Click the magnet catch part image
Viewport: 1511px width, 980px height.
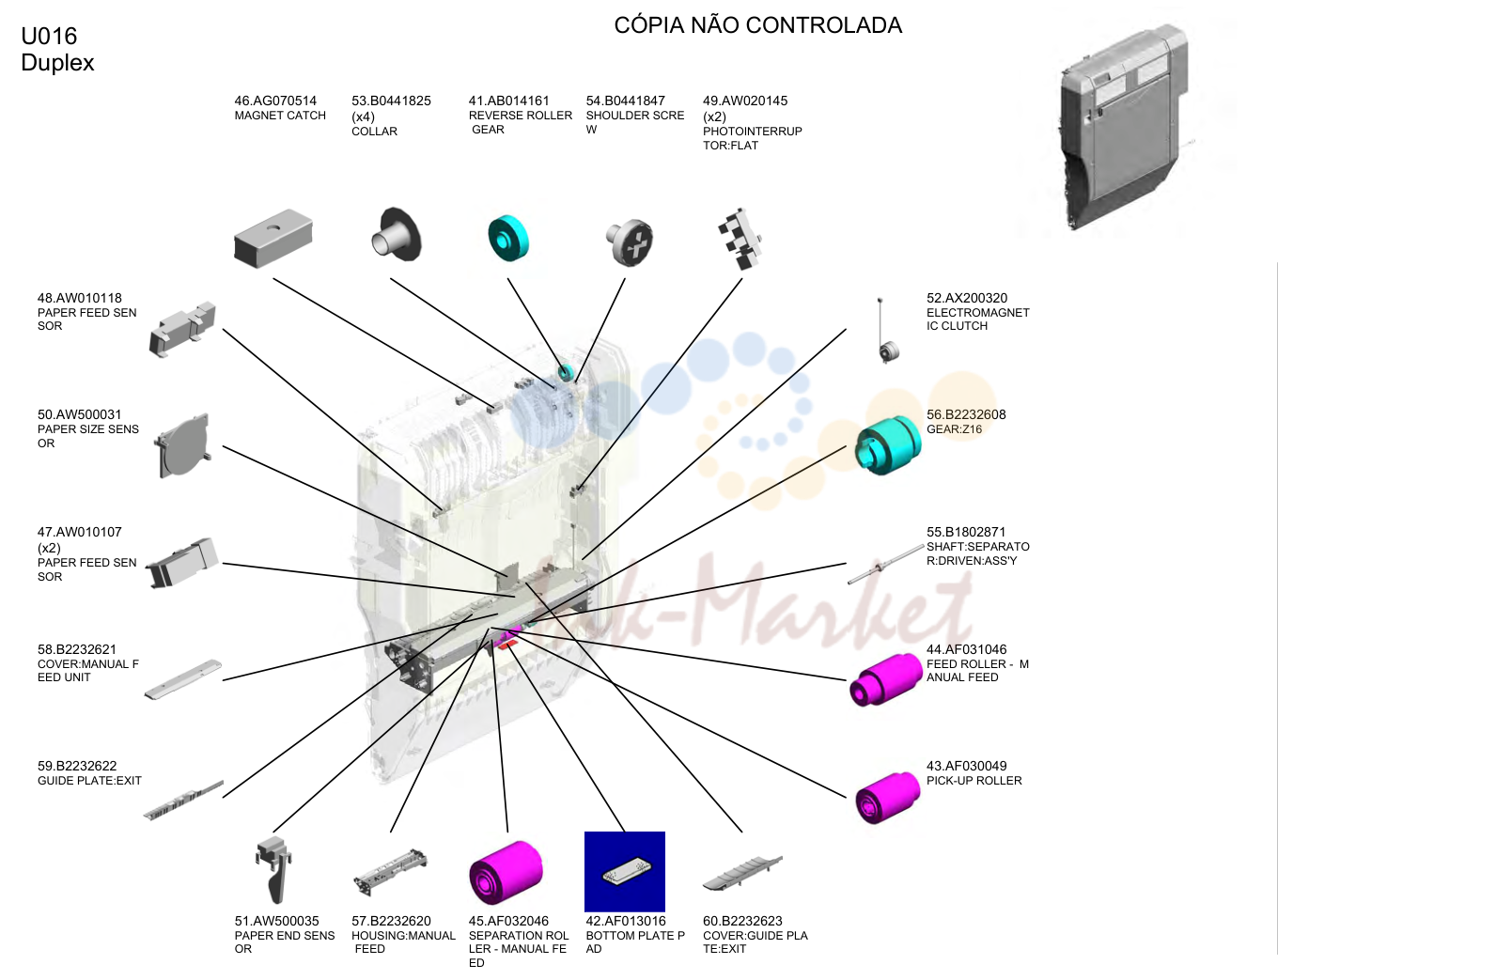click(x=273, y=238)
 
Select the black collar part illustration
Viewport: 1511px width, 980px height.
click(x=397, y=235)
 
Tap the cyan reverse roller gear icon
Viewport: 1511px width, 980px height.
click(x=508, y=238)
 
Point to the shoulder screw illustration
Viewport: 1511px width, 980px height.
click(x=630, y=242)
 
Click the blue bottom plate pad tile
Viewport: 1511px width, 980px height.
click(x=625, y=871)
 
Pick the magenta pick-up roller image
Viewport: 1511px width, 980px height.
click(x=887, y=798)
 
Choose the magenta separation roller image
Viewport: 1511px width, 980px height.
click(x=506, y=872)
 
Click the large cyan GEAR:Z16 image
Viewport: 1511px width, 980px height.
click(x=888, y=445)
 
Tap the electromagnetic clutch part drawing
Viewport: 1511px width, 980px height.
click(x=886, y=331)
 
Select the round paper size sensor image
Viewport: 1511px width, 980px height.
click(x=182, y=445)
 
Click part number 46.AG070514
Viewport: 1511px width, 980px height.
click(x=275, y=101)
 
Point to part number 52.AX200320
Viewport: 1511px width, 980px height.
click(x=967, y=298)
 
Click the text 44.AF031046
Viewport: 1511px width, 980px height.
click(x=966, y=649)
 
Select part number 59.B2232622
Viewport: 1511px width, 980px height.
click(x=77, y=766)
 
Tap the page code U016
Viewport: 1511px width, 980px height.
click(x=49, y=36)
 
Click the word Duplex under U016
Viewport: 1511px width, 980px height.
click(x=57, y=63)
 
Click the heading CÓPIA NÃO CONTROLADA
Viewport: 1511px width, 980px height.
click(x=757, y=25)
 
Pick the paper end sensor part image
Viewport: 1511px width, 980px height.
click(x=274, y=870)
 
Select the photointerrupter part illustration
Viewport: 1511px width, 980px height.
click(x=740, y=239)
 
